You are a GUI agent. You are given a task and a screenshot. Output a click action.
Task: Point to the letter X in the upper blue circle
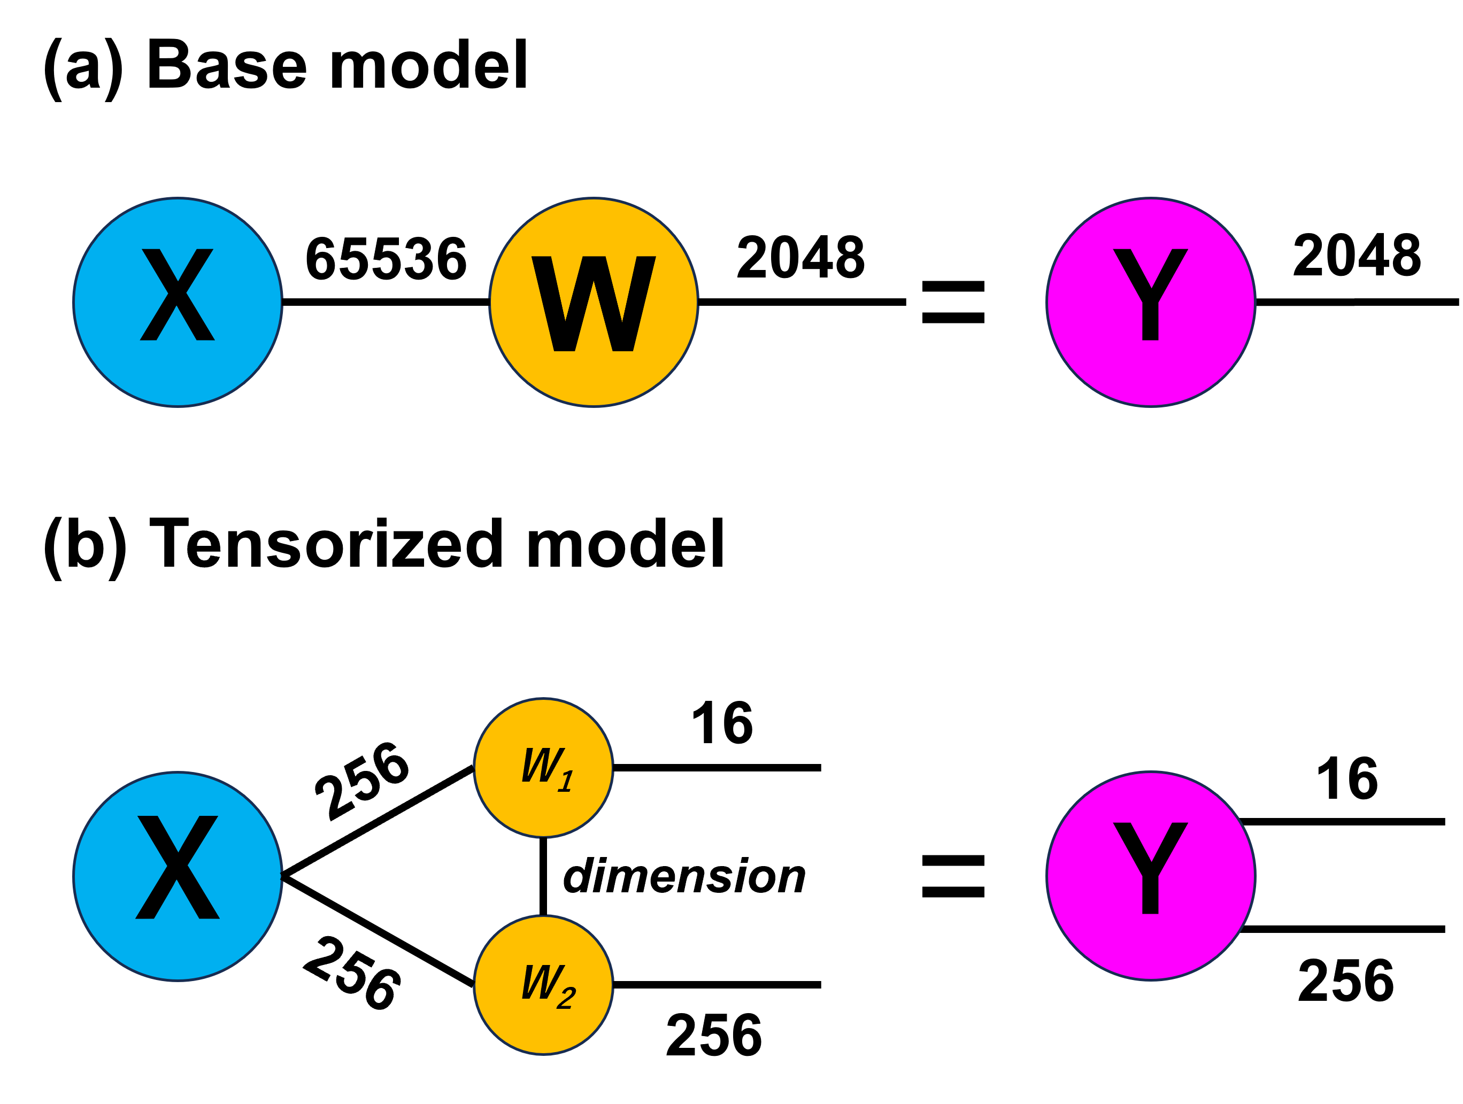click(x=177, y=295)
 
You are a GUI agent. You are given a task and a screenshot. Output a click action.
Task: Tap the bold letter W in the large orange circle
click(x=594, y=304)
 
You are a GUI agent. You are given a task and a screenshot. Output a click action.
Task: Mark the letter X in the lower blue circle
click(x=177, y=867)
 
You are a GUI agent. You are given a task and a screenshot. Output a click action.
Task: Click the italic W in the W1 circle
click(x=542, y=765)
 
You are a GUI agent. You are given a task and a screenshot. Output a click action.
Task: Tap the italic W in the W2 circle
click(x=542, y=982)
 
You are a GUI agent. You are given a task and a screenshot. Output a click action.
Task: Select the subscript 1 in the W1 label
click(x=566, y=782)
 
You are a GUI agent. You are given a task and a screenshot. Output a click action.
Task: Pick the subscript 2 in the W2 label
click(x=566, y=998)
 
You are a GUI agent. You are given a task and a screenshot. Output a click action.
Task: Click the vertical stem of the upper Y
click(x=1151, y=321)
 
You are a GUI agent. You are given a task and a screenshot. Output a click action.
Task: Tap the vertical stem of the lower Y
click(x=1151, y=894)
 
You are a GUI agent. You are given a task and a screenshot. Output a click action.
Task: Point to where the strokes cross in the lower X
click(x=177, y=866)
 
